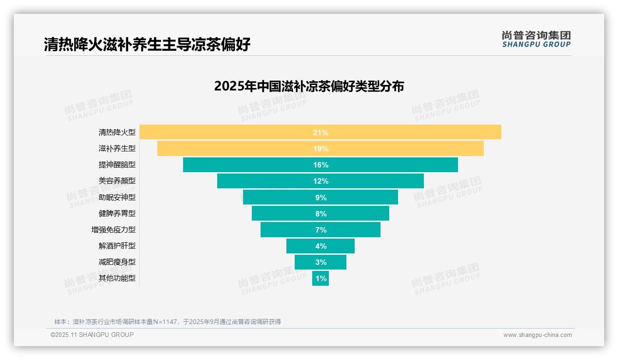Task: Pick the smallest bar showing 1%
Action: (x=321, y=278)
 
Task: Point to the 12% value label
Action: (x=321, y=181)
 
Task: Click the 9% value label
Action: (x=321, y=198)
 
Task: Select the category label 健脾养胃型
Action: (x=117, y=213)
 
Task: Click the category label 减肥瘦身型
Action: (x=117, y=262)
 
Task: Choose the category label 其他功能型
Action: (x=117, y=278)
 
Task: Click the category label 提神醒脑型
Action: (x=117, y=164)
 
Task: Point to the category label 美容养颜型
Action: (x=117, y=181)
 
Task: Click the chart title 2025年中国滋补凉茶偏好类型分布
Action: (x=309, y=86)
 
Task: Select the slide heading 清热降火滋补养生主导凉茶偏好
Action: (x=147, y=45)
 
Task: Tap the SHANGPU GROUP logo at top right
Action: (x=536, y=39)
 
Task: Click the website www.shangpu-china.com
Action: (x=537, y=335)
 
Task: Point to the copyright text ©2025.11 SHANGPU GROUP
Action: (x=92, y=335)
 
